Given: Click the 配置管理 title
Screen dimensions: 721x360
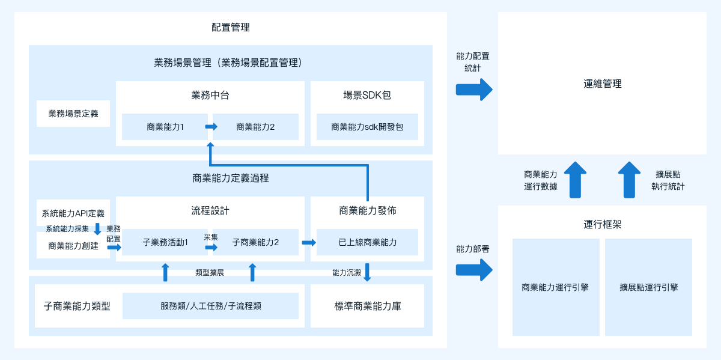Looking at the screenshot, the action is pos(231,28).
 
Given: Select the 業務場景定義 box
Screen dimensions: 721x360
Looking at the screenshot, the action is pos(73,114).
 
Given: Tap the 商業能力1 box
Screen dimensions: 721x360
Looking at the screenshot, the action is pos(165,127).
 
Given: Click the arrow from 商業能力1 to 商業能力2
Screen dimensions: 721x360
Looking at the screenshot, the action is pos(211,127).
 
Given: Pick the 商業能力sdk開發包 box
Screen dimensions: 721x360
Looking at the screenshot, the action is pos(367,127).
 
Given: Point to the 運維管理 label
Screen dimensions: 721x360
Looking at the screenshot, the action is pos(602,84).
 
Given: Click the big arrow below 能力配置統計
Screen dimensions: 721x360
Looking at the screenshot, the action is pos(474,90).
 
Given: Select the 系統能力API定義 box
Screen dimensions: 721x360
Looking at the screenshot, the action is pos(73,213).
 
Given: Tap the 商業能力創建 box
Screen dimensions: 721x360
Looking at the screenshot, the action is pos(73,245).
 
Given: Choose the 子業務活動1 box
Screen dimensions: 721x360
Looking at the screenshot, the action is pos(165,242).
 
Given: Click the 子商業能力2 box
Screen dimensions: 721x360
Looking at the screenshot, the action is pos(255,242).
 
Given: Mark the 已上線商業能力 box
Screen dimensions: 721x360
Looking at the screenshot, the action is pos(367,242).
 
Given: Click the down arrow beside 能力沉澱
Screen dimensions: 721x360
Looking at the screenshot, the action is pos(367,272).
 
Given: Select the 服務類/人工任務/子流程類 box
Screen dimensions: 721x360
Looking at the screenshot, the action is pos(210,306).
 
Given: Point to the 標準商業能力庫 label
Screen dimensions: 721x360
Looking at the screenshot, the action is pos(368,306).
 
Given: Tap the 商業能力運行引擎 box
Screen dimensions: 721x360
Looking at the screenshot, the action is pos(556,287).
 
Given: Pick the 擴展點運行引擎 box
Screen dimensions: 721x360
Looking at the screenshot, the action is pos(648,287).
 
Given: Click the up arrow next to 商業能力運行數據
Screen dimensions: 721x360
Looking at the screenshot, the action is pos(575,180).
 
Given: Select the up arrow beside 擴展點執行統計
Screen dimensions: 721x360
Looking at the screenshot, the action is pos(629,180).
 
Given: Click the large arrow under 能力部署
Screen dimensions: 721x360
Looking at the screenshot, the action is pos(474,270).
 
